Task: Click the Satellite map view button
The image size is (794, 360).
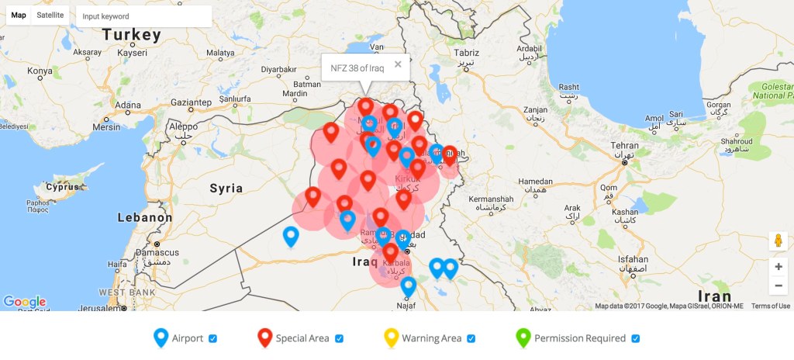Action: click(x=50, y=16)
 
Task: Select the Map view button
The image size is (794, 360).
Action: click(x=18, y=16)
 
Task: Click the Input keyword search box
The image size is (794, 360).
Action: click(x=144, y=16)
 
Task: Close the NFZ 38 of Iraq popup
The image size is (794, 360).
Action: click(x=398, y=64)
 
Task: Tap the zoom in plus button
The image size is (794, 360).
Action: click(x=778, y=266)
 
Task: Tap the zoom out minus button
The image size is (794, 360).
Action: click(x=778, y=286)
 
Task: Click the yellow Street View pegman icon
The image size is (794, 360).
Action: click(x=778, y=241)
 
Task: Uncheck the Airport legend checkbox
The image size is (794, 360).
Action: click(x=212, y=338)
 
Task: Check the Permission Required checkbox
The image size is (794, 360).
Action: click(x=635, y=338)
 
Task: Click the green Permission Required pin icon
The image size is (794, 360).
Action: click(x=523, y=337)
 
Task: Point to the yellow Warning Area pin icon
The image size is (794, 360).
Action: click(x=391, y=337)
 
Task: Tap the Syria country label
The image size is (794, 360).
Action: click(x=226, y=188)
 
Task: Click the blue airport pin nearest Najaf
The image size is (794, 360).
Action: click(x=408, y=286)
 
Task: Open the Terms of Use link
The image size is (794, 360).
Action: click(x=771, y=306)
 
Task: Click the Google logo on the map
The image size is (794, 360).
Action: click(x=24, y=302)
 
